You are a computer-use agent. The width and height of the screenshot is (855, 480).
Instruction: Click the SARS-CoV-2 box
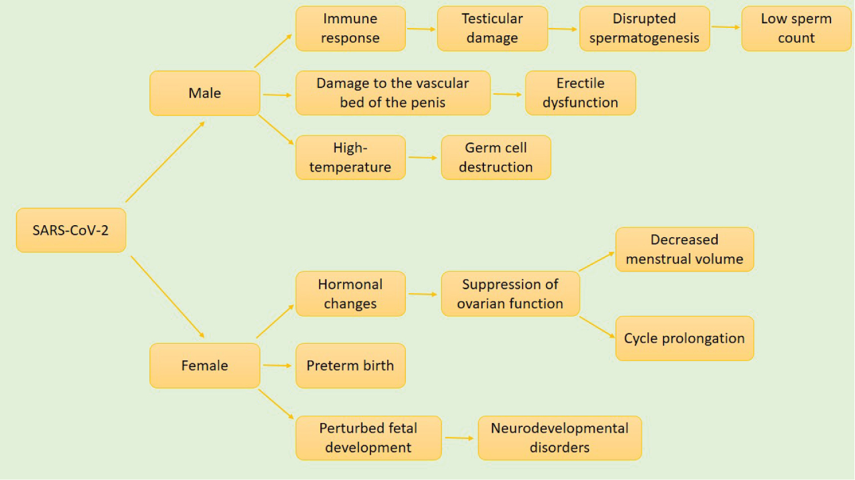pyautogui.click(x=71, y=230)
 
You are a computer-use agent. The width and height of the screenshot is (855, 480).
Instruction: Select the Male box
pyautogui.click(x=205, y=93)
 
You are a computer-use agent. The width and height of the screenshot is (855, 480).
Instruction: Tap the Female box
pyautogui.click(x=205, y=366)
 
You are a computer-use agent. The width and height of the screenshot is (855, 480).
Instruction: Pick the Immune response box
pyautogui.click(x=351, y=29)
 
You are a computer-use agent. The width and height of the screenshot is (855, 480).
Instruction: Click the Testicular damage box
pyautogui.click(x=492, y=29)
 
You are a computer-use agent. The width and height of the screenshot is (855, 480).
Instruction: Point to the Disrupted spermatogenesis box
pyautogui.click(x=645, y=29)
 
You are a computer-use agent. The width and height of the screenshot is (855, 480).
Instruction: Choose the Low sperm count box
pyautogui.click(x=797, y=29)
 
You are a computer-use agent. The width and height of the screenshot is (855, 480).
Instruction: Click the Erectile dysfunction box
pyautogui.click(x=581, y=93)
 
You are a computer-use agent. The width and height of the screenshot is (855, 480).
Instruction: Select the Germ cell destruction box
pyautogui.click(x=496, y=157)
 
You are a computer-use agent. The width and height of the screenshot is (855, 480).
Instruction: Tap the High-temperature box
pyautogui.click(x=351, y=157)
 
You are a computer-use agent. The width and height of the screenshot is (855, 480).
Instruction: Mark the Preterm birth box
pyautogui.click(x=351, y=366)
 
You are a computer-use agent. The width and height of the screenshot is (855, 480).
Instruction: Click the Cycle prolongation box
pyautogui.click(x=685, y=338)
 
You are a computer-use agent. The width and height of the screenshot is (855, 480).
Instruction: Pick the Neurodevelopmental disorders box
pyautogui.click(x=560, y=438)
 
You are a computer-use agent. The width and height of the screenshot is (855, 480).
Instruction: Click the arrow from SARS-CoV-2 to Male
pyautogui.click(x=165, y=162)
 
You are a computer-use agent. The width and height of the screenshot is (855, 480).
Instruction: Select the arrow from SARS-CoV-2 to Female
pyautogui.click(x=168, y=297)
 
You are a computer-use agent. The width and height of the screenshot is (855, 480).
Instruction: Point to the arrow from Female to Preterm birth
pyautogui.click(x=278, y=365)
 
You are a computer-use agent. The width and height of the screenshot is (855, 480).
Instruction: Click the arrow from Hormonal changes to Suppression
pyautogui.click(x=423, y=294)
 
